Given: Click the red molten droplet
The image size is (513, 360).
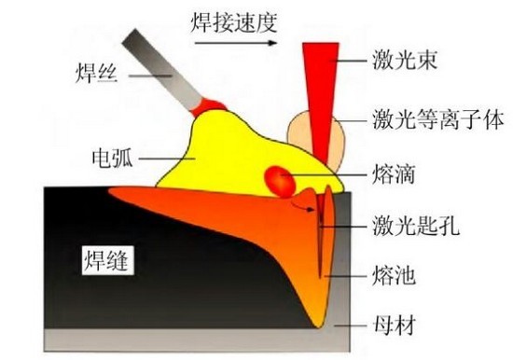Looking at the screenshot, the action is (x=278, y=178).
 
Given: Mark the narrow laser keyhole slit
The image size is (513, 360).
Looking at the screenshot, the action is (x=321, y=233).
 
